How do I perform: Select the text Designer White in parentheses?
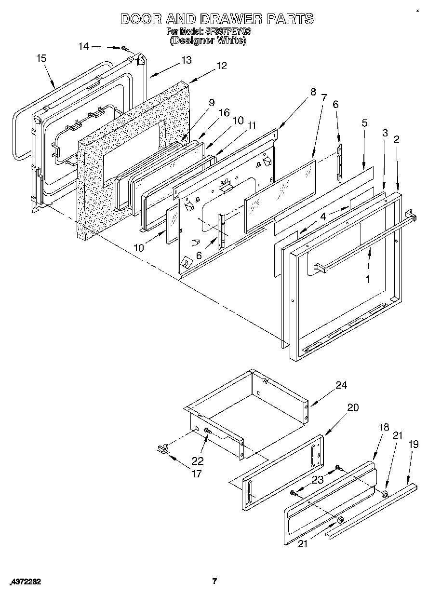(208, 41)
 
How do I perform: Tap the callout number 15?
(41, 58)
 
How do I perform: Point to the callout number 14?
(83, 46)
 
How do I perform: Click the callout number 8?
(313, 92)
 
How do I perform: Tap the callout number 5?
(365, 123)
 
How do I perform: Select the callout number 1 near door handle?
(367, 279)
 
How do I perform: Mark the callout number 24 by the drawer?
(341, 385)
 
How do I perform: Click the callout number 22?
(198, 460)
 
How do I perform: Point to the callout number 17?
(196, 474)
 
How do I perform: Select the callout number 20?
(353, 407)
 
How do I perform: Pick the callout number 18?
(384, 427)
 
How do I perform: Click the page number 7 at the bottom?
(215, 581)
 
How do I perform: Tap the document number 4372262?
(25, 581)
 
